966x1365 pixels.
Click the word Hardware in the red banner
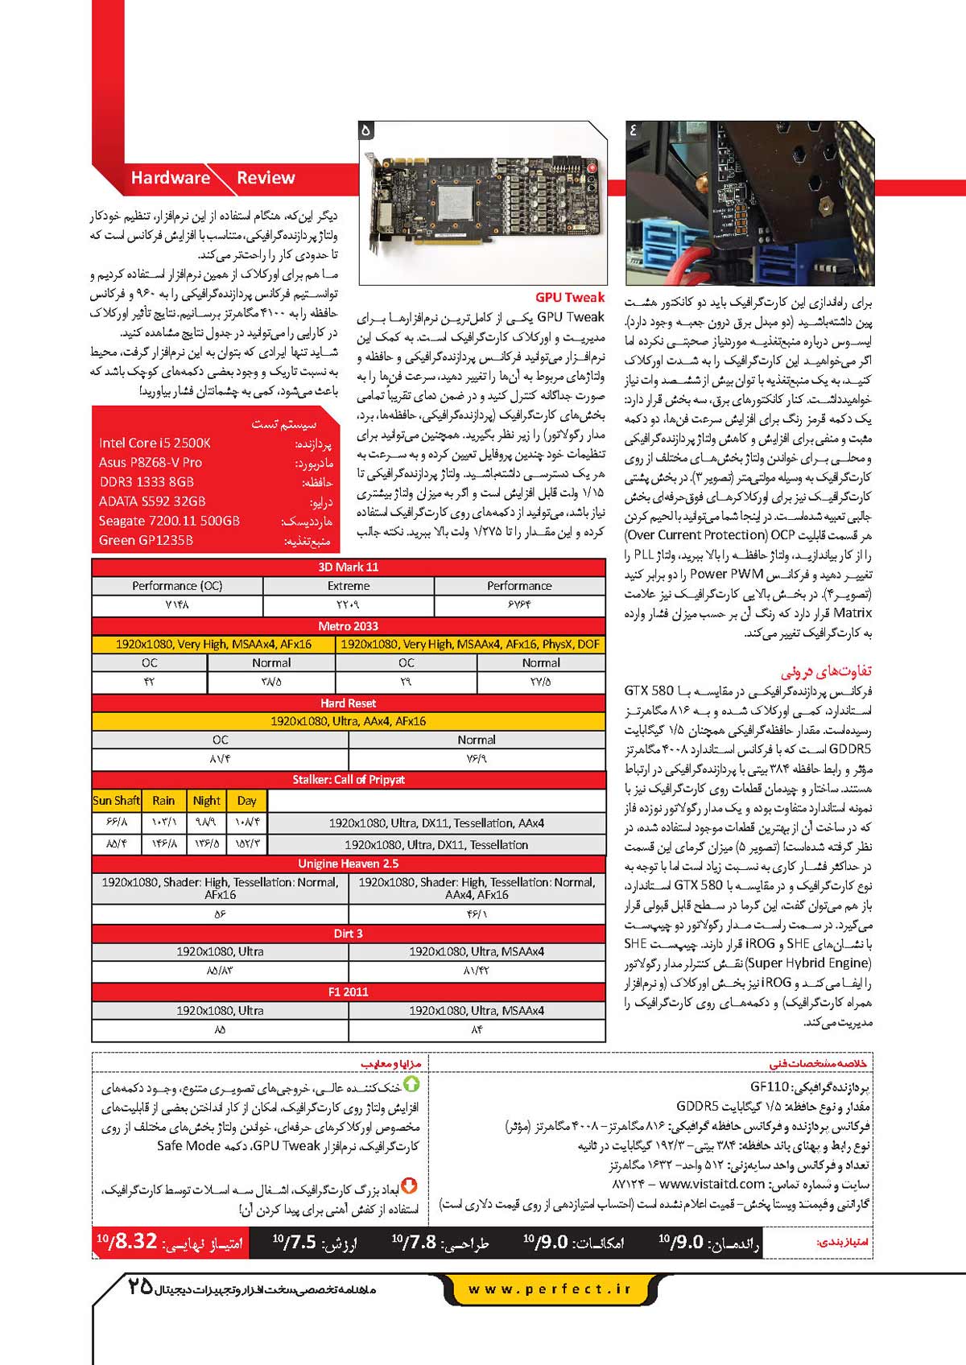[170, 178]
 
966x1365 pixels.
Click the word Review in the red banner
[266, 178]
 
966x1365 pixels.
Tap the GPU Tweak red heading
[570, 297]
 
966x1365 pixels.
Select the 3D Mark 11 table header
[349, 567]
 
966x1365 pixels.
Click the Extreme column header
[349, 586]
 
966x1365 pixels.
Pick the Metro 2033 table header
[349, 626]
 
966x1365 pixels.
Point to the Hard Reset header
[349, 703]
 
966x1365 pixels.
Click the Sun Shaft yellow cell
[116, 801]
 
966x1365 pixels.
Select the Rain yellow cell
[163, 801]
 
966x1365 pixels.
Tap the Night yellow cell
[206, 801]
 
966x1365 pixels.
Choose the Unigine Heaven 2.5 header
[349, 864]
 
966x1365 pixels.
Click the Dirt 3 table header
[349, 934]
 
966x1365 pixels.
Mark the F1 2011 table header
[349, 992]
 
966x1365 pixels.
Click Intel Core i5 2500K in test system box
[155, 443]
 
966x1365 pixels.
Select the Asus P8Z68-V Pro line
[151, 463]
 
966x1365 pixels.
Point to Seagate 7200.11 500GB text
[169, 521]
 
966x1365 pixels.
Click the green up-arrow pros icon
[411, 1085]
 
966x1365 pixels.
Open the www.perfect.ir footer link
[550, 1289]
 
